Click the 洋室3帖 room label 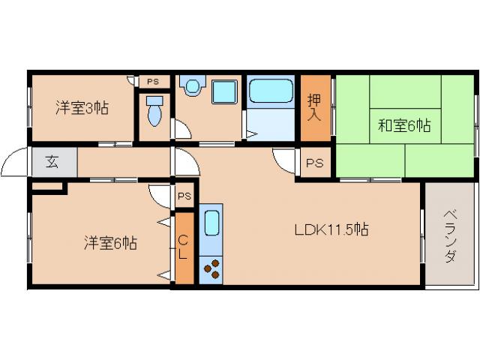click(82, 108)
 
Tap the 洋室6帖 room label click(109, 243)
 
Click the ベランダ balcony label click(450, 234)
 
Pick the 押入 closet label click(316, 108)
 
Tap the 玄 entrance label click(53, 160)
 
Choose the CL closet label click(183, 247)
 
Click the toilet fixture click(154, 115)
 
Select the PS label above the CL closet click(184, 196)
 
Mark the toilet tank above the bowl click(154, 100)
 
